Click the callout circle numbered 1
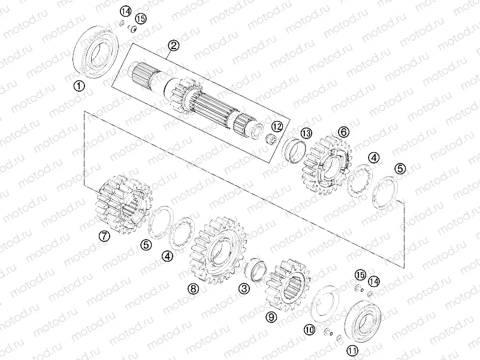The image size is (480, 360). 79,86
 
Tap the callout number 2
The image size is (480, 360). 173,45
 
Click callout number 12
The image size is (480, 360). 276,126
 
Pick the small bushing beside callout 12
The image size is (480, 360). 271,140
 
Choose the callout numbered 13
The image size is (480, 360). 306,132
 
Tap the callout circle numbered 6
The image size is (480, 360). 343,131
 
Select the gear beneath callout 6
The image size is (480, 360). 326,164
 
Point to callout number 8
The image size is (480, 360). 192,288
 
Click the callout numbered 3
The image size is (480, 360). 243,289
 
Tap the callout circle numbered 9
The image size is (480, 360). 271,316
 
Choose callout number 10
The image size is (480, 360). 309,329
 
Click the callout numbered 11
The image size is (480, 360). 352,350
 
